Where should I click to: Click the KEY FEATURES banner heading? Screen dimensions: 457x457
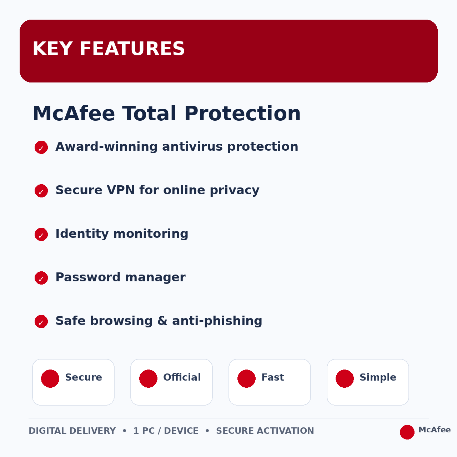[109, 49]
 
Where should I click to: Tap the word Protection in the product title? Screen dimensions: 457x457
[242, 114]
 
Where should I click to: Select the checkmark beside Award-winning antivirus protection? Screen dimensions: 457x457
[41, 147]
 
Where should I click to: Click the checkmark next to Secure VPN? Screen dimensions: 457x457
[41, 191]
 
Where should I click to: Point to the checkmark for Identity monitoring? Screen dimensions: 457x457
[41, 234]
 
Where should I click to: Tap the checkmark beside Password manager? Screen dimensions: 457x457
[41, 278]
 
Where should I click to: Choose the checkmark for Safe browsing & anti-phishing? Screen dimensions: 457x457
[41, 322]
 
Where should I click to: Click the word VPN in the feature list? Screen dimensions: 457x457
[121, 190]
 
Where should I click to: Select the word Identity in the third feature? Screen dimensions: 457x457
[82, 234]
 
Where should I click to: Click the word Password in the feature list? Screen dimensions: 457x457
[88, 277]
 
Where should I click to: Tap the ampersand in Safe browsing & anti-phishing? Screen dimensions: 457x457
[162, 321]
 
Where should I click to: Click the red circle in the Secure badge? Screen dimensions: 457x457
[50, 378]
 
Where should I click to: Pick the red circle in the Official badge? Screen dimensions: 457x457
[148, 378]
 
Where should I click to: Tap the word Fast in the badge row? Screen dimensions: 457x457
[272, 377]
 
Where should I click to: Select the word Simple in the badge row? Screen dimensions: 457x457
[378, 377]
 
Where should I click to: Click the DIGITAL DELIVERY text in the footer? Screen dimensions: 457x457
[72, 431]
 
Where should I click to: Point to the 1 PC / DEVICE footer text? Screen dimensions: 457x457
[166, 431]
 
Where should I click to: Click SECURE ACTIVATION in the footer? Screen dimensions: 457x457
[265, 431]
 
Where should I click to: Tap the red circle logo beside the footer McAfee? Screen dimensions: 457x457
[407, 432]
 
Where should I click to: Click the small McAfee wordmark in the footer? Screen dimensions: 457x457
[435, 430]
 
